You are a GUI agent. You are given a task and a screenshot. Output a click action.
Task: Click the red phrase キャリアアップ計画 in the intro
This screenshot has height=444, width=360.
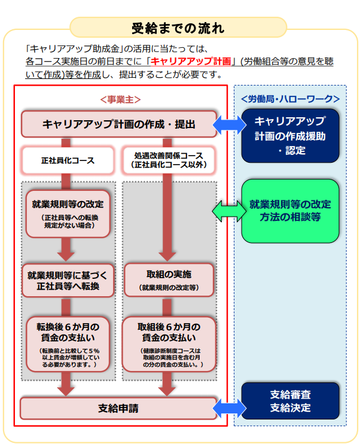pos(192,61)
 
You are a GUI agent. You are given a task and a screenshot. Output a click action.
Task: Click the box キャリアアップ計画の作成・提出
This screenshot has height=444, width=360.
pos(119,124)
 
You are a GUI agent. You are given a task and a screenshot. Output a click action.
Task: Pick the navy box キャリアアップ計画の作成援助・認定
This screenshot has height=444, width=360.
pos(291,135)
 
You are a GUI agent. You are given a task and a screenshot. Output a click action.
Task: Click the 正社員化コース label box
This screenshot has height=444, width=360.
pos(68,161)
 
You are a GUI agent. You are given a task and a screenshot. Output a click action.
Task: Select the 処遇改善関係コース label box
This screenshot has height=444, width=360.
pos(169,160)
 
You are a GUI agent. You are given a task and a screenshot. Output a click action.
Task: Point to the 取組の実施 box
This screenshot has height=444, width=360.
pos(169,279)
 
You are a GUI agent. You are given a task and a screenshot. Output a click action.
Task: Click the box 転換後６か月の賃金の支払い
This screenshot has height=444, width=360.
pos(68,344)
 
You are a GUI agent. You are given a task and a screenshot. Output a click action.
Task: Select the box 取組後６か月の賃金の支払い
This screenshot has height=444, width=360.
pos(169,344)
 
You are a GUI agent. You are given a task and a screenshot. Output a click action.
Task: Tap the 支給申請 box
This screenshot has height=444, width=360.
pos(118,409)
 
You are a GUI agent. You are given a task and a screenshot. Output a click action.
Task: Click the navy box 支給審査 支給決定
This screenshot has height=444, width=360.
pos(290,402)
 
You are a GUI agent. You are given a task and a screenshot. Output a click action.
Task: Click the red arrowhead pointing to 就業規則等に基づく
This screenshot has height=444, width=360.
pos(66,251)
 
